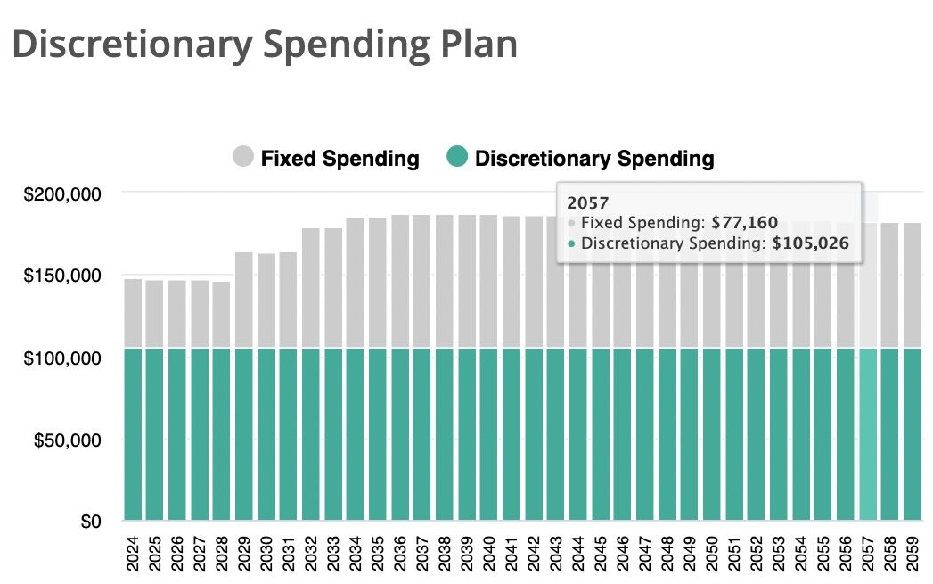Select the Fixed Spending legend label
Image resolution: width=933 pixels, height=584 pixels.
coord(340,159)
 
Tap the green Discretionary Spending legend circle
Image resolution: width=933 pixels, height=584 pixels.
coord(456,158)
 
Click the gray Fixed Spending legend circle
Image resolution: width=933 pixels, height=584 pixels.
coord(243,158)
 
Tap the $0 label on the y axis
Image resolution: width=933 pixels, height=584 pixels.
coord(91,521)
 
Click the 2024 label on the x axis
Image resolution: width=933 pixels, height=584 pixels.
coord(134,553)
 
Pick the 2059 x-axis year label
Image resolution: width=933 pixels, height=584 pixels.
coord(912,553)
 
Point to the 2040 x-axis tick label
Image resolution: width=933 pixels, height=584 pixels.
coord(489,553)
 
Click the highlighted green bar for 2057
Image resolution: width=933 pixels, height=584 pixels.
coord(868,433)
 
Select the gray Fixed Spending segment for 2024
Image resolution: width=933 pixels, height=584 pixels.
coord(133,313)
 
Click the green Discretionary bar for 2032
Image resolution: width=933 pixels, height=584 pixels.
coord(311,433)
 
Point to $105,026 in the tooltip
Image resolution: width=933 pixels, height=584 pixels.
coord(812,243)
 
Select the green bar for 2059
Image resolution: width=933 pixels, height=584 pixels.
coord(912,433)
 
